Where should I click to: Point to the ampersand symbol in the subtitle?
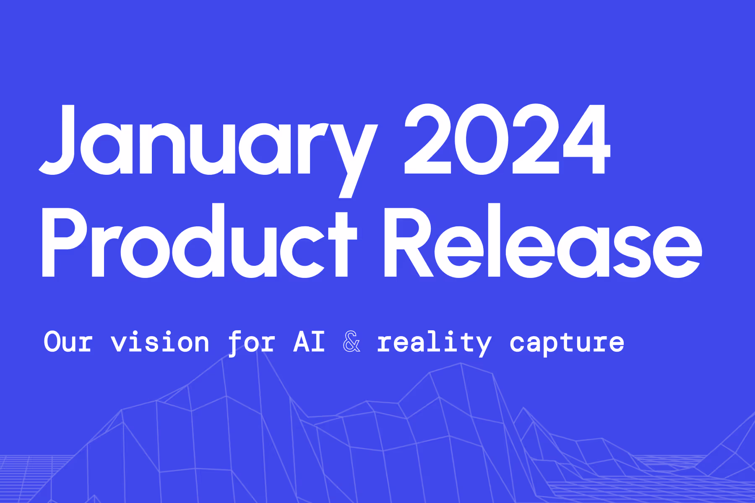[351, 342]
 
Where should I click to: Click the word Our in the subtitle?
[68, 342]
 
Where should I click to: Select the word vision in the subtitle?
[160, 342]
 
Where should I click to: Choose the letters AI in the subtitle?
[309, 342]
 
